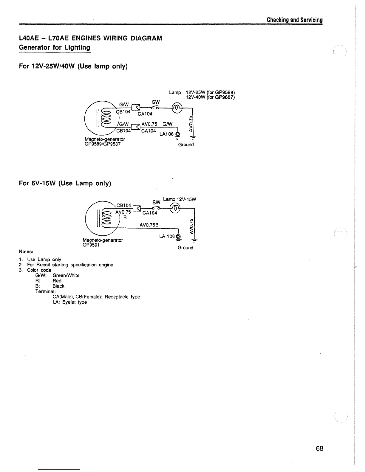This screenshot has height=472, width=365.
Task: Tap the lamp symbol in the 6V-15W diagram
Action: pos(175,208)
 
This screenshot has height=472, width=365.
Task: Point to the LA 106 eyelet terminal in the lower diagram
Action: pos(179,237)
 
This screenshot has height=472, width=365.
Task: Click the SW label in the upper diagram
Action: pos(156,102)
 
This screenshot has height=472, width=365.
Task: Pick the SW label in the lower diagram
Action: pos(156,203)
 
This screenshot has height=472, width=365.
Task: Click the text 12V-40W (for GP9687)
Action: pos(210,97)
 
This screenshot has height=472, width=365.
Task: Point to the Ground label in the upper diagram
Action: pos(186,145)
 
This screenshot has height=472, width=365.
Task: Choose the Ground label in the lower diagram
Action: pos(185,248)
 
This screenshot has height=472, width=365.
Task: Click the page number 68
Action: pos(319,448)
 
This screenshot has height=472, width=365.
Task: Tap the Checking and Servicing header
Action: pos(295,20)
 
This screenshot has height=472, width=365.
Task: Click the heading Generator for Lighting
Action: pos(55,47)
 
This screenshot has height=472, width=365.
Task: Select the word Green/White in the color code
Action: pos(66,275)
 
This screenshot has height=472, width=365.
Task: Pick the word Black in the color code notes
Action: pos(58,286)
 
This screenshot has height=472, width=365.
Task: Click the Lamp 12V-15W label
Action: pos(180,199)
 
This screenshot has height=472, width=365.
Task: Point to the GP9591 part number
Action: pos(91,245)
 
